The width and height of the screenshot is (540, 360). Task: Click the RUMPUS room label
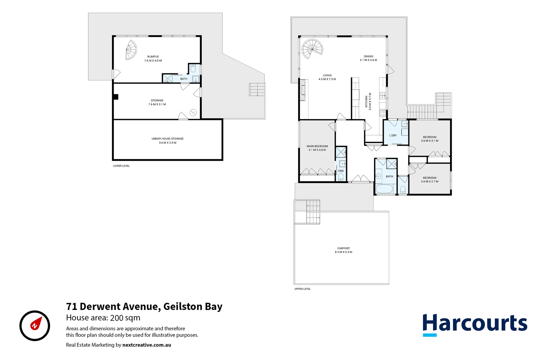pos(153,57)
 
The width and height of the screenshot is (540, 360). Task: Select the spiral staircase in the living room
pos(312,49)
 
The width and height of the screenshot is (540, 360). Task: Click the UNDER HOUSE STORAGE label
pos(167,139)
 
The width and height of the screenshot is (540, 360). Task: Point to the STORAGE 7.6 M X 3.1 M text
pos(157,102)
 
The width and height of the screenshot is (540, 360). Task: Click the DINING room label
pos(368,57)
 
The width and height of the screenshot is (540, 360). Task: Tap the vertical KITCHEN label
pos(366,101)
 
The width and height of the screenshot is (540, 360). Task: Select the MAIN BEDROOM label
pos(317,146)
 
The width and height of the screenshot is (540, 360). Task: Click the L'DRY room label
pos(393,136)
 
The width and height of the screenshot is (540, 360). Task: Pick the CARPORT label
pos(343,248)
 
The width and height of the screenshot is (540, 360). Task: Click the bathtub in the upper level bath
pos(384,189)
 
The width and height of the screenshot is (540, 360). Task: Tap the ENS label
pos(341,171)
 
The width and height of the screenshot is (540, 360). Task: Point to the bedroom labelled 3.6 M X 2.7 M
pos(430,180)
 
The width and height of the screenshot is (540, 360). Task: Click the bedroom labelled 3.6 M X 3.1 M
pos(430,139)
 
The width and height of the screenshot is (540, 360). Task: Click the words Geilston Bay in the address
pos(193,307)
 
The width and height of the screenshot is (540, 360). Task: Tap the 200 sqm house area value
pos(125,318)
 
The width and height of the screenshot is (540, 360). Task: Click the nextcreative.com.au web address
pos(147,345)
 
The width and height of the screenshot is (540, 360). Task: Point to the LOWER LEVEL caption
pos(121,166)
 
